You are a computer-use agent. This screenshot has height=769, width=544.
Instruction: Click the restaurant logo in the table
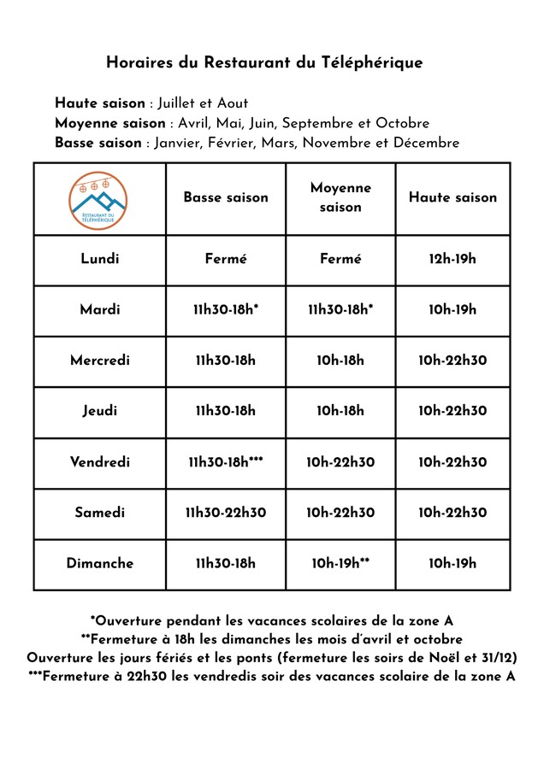point(100,198)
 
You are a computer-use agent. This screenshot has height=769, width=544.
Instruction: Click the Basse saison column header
point(226,197)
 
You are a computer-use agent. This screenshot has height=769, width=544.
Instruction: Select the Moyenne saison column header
point(340,197)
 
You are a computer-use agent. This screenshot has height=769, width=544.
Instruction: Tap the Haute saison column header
point(452,197)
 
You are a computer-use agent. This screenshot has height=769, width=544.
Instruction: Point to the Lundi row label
point(100,259)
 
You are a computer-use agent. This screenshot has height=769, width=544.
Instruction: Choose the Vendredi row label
point(100,462)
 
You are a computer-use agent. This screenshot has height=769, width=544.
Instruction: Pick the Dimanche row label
point(100,563)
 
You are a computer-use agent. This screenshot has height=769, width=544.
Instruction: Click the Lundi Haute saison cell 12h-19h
point(452,259)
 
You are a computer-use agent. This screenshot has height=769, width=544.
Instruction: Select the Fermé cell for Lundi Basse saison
point(226,259)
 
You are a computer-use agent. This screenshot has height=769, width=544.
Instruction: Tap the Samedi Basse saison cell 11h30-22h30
point(226,513)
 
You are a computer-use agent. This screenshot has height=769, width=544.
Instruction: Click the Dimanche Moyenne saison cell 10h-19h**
point(340,563)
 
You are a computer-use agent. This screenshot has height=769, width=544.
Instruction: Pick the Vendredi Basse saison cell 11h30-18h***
point(226,462)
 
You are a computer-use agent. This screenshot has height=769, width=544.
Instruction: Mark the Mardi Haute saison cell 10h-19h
point(452,309)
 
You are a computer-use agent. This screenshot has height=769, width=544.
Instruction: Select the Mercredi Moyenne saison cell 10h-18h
point(340,361)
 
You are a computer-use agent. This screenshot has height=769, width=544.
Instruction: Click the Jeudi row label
point(100,411)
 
